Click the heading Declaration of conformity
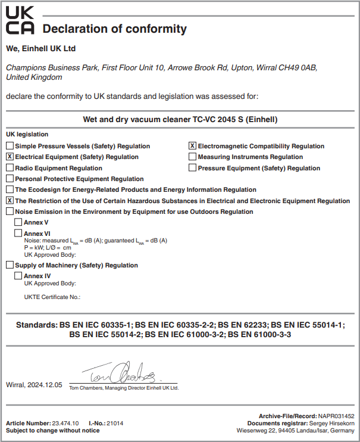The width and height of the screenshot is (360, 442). [x=115, y=29]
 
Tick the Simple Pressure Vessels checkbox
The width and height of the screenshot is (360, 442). [x=10, y=146]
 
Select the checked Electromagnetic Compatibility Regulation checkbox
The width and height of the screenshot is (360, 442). [x=192, y=146]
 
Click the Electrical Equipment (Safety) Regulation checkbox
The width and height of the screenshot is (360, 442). [x=10, y=157]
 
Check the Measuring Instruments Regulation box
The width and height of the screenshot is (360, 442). [x=192, y=157]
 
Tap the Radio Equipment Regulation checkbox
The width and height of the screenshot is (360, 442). [x=10, y=168]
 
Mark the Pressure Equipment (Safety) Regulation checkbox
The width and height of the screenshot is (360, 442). [x=192, y=168]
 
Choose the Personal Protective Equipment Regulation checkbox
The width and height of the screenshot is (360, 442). [x=10, y=179]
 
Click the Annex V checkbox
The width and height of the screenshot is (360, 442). [x=18, y=222]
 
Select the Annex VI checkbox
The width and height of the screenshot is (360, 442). [x=18, y=233]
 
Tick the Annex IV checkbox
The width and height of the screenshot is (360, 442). [x=18, y=276]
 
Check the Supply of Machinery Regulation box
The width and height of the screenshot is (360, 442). [x=10, y=265]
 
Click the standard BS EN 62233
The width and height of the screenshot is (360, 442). [x=243, y=325]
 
